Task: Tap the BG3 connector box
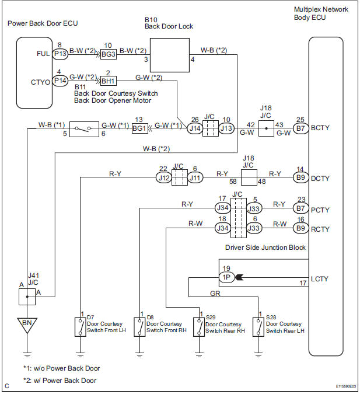pyautogui.click(x=108, y=54)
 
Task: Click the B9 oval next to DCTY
pyautogui.click(x=300, y=177)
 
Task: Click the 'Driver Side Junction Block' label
pyautogui.click(x=265, y=247)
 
